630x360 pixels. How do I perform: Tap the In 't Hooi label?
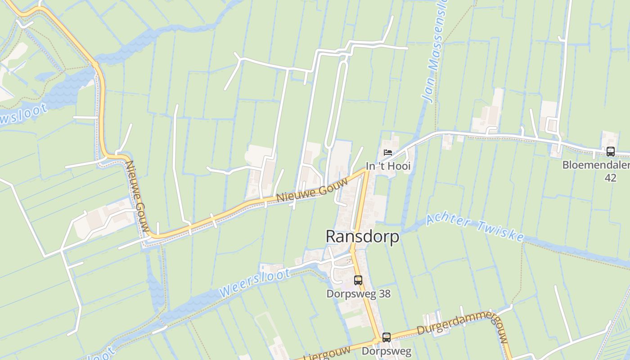point(388,166)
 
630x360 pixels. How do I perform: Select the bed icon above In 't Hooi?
point(388,153)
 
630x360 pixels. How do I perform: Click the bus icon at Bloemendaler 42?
point(610,152)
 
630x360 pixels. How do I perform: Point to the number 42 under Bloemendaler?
point(610,178)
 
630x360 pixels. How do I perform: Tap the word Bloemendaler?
point(595,165)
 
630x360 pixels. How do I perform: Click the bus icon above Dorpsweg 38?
point(358,280)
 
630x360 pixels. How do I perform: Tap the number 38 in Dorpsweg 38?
point(384,294)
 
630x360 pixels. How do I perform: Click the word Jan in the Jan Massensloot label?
point(427,93)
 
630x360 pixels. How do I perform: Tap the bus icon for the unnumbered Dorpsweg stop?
point(386,337)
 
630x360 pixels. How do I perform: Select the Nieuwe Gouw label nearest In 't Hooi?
point(312,190)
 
